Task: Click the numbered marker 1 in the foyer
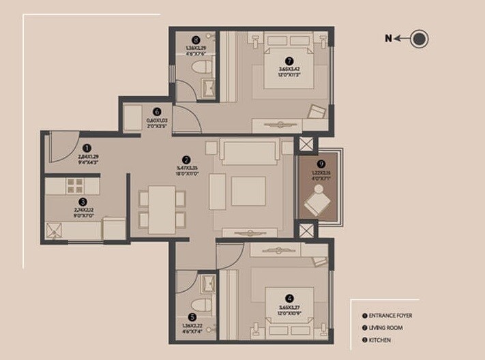[x=87, y=147]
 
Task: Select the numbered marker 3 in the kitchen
[x=83, y=202]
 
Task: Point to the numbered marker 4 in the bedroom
[x=290, y=298]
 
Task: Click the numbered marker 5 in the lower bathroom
[x=192, y=317]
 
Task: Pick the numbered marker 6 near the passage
[x=157, y=112]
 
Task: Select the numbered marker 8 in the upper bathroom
[x=196, y=40]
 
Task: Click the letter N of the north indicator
[x=388, y=39]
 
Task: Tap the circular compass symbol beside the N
[x=420, y=39]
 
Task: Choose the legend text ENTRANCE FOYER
[x=390, y=316]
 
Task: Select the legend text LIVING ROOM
[x=385, y=328]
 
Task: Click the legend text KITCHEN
[x=380, y=340]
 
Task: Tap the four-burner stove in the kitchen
[x=74, y=185]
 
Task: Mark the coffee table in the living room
[x=248, y=191]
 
